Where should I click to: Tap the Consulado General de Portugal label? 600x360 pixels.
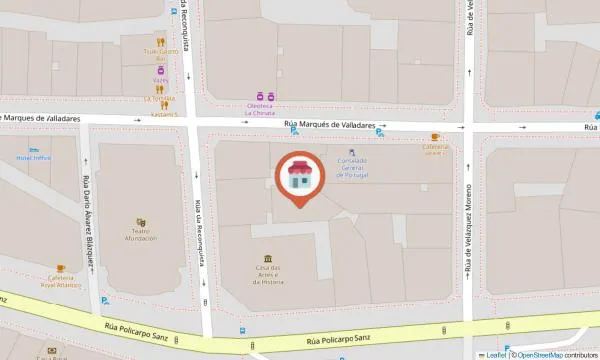pos(351,170)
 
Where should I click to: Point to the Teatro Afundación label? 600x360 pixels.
pos(141,236)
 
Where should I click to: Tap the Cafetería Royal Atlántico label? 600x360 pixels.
pos(60,284)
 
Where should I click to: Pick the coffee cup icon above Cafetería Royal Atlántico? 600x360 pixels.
pos(60,268)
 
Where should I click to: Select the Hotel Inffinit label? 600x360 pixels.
pos(34,157)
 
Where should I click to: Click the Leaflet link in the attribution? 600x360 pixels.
pos(495,355)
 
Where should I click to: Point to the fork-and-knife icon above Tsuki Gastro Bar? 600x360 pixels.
pos(161,39)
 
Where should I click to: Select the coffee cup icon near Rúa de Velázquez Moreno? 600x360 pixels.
pos(435,137)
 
